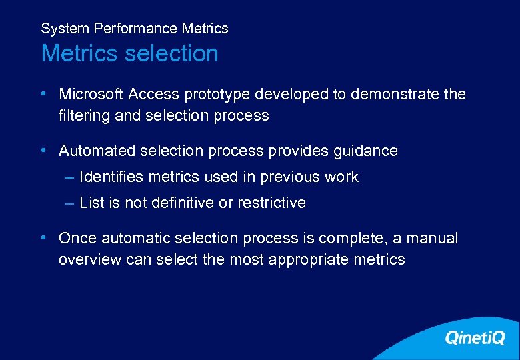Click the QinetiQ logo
pyautogui.click(x=474, y=338)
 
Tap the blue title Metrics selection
pyautogui.click(x=129, y=53)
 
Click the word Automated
pyautogui.click(x=97, y=151)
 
